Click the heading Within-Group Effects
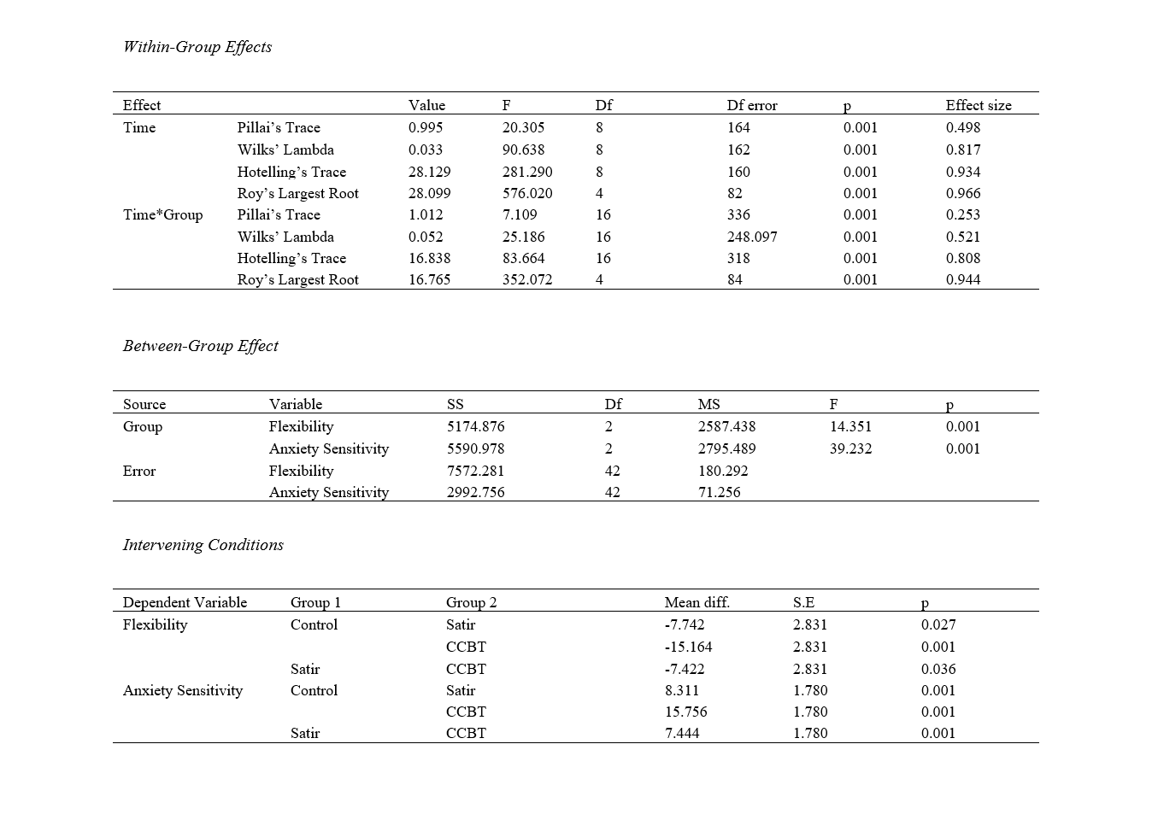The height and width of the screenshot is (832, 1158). tap(197, 47)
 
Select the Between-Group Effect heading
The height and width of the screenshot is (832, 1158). tap(201, 346)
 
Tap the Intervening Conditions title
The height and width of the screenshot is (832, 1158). tap(203, 545)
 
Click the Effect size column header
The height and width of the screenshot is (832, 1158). tap(978, 105)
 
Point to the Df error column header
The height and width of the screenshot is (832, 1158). tap(752, 105)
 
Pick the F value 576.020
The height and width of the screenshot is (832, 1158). tap(527, 193)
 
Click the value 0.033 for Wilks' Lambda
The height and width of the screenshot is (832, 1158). tap(426, 149)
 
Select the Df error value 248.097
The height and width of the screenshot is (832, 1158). tap(752, 237)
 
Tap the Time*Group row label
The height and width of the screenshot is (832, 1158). tap(163, 214)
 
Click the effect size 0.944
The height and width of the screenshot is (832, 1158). tap(963, 279)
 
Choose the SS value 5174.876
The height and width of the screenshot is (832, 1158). tap(476, 426)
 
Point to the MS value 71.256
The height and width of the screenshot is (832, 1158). tap(720, 492)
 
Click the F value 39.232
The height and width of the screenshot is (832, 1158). tap(850, 448)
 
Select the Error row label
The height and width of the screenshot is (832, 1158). tap(139, 471)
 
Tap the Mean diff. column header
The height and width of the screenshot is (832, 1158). tap(697, 602)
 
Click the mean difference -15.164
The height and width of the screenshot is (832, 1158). tap(688, 647)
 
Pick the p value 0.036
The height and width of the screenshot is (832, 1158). tap(938, 669)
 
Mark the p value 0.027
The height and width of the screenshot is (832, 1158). tap(938, 624)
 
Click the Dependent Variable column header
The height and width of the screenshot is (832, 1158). tap(185, 602)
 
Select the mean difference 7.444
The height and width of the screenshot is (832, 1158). tap(682, 733)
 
